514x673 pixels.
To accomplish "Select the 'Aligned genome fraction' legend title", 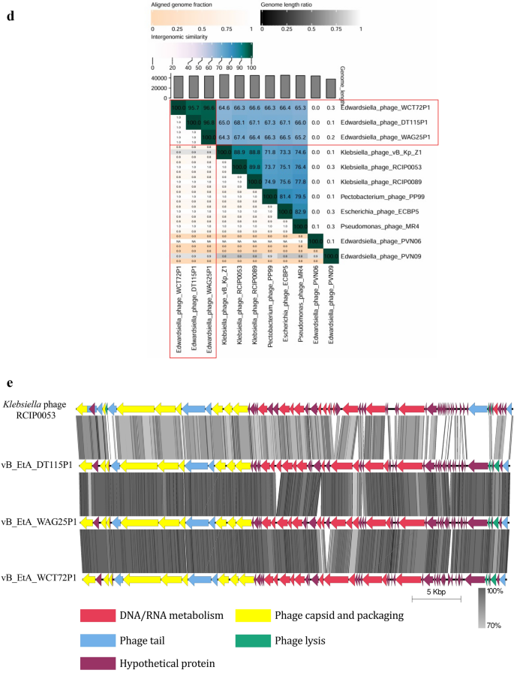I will point(182,5).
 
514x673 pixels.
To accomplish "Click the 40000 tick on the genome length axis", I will point(157,77).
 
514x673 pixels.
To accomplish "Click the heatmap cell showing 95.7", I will point(193,108).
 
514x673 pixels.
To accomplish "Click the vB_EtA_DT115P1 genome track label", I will point(41,466).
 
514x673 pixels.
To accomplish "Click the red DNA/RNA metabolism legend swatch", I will point(96,616).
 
